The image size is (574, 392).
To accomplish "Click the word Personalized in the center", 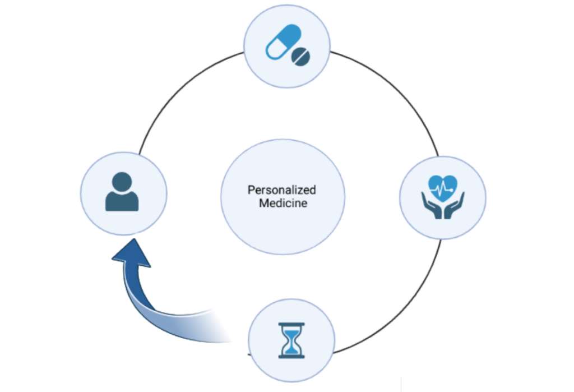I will (x=282, y=190).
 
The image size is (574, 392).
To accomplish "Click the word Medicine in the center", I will (x=283, y=203).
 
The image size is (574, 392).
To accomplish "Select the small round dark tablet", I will (x=301, y=56).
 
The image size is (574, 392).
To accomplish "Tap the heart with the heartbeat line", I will (x=443, y=186).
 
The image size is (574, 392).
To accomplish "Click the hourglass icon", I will (x=291, y=340).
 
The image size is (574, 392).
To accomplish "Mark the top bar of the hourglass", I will (x=291, y=324).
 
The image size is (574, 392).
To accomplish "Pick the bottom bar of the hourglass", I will (x=291, y=356).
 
